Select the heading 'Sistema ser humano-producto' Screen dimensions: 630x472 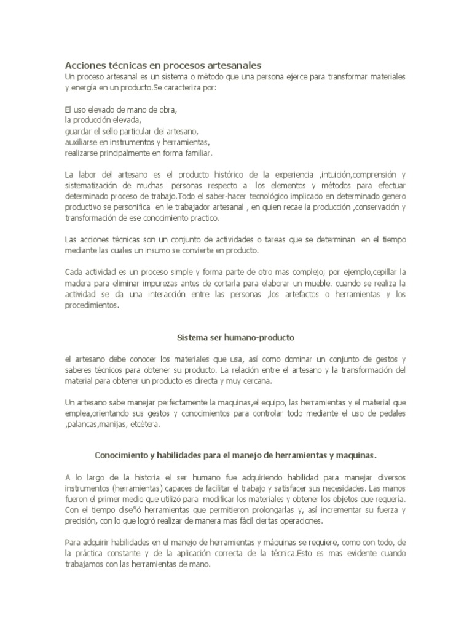click(x=236, y=338)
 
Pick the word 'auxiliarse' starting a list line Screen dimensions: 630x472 click(x=80, y=142)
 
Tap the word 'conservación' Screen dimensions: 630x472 click(x=368, y=207)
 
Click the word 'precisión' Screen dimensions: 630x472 click(x=79, y=520)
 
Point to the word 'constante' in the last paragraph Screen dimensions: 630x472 click(x=124, y=553)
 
